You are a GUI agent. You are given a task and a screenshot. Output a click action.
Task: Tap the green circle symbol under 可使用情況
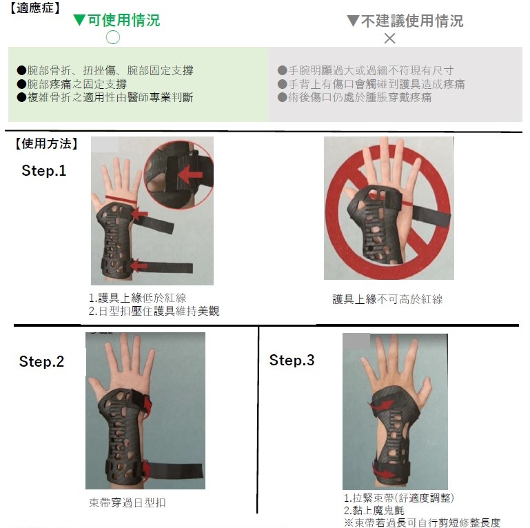[113, 37]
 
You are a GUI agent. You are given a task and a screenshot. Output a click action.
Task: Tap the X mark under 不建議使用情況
[389, 38]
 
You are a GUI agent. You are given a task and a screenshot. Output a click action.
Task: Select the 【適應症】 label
[34, 8]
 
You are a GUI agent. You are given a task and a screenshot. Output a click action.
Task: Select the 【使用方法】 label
[46, 143]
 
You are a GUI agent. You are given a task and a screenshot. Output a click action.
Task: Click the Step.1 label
[44, 170]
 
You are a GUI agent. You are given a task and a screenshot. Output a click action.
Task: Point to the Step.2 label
[41, 361]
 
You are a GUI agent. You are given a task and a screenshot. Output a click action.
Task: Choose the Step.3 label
[292, 360]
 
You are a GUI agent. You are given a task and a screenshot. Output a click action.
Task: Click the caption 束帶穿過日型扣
[128, 502]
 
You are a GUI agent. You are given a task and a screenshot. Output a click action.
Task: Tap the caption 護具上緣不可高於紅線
[388, 299]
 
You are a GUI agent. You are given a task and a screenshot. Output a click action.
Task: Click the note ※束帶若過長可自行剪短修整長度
[422, 522]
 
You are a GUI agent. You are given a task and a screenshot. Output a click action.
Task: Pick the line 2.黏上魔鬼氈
[374, 510]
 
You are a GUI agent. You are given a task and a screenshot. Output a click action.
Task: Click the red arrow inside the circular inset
[190, 175]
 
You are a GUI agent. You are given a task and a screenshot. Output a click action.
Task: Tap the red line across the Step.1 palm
[121, 199]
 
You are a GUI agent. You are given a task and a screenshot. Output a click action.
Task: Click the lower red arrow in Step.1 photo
[139, 265]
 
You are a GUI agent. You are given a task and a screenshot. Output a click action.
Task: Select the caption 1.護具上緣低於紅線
[137, 298]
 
